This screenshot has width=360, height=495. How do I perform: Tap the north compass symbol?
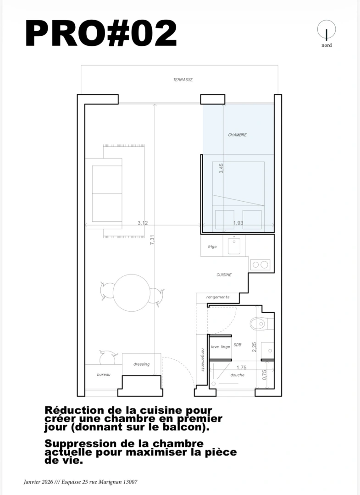327,30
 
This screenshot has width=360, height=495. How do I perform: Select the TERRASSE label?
183,80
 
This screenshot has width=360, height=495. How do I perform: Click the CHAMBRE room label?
237,135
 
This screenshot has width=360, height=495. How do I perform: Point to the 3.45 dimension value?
222,168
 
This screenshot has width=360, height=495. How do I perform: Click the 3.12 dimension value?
143,223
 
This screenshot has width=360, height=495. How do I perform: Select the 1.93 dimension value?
238,223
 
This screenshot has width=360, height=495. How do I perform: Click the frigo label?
212,247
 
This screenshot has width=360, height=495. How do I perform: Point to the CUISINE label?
224,275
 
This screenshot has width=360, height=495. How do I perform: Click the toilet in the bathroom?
260,324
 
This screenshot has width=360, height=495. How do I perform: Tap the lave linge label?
220,347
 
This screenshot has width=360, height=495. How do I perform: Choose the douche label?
237,375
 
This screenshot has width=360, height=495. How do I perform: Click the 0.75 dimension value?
265,375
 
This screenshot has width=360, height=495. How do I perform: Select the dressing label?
141,364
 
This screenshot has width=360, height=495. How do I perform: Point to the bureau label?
104,375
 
